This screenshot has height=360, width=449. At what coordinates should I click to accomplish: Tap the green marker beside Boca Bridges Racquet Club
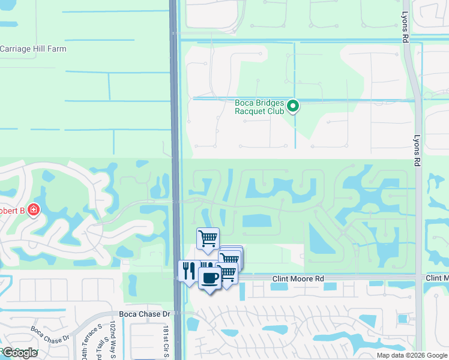(293, 107)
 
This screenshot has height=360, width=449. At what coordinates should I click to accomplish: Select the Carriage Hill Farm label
(34, 49)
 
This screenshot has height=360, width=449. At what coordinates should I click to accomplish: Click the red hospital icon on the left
(34, 211)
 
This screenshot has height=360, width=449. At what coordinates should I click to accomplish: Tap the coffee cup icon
(209, 278)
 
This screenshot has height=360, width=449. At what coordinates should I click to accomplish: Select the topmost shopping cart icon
(208, 238)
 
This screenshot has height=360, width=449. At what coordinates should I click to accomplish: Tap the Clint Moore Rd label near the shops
(298, 279)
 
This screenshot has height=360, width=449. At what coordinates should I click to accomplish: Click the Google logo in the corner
(20, 353)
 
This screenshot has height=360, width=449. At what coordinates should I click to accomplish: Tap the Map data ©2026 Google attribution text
(412, 355)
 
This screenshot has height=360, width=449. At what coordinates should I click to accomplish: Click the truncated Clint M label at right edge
(437, 279)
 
